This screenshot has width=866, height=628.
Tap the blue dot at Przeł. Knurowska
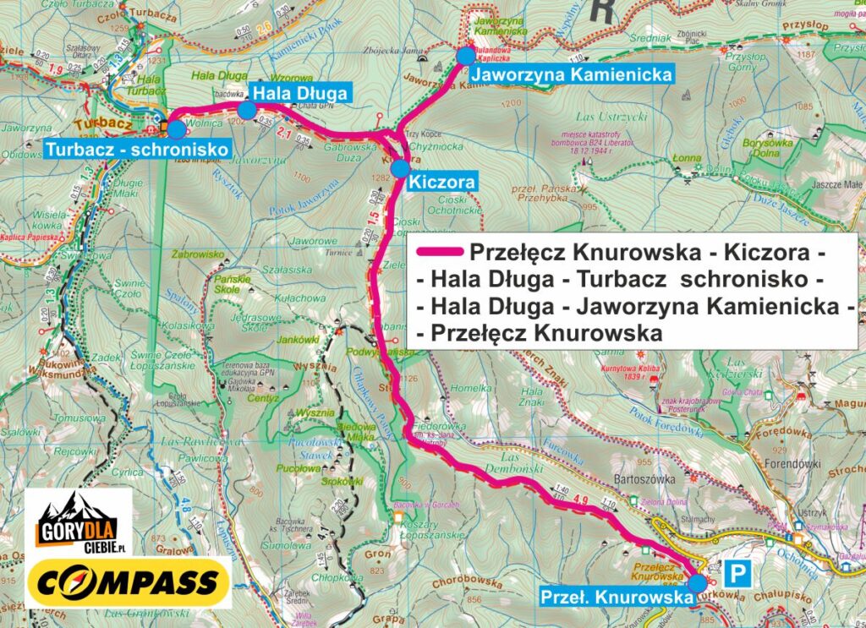(x=697, y=583)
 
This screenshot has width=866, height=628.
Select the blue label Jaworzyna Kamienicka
(x=573, y=74)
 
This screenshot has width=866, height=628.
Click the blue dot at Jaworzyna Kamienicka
(x=466, y=56)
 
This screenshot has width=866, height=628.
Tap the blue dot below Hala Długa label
(x=246, y=111)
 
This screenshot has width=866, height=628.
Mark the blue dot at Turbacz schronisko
(x=175, y=129)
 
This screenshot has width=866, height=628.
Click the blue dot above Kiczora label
(x=400, y=167)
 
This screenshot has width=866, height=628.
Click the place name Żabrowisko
(x=196, y=254)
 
